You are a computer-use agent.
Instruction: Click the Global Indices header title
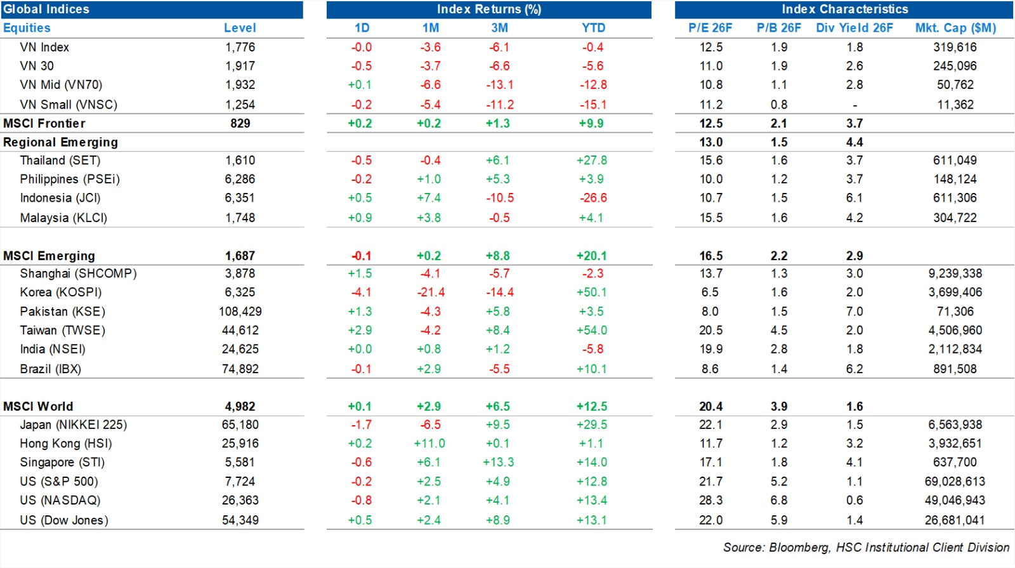46,9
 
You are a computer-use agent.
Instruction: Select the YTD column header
593,28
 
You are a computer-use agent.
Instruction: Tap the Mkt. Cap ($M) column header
955,28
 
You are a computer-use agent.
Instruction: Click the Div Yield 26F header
854,28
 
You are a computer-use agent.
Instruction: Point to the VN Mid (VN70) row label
61,85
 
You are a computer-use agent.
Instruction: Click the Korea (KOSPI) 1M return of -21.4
431,293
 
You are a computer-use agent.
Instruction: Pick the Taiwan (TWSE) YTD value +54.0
592,331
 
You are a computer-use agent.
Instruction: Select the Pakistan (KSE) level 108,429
240,312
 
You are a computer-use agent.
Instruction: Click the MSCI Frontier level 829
240,123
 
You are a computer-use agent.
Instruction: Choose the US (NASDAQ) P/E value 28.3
710,501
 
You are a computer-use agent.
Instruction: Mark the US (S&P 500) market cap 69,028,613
955,482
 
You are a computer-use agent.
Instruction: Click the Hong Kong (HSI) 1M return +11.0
429,444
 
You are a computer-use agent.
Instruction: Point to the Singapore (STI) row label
62,463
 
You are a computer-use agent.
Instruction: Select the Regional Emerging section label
61,142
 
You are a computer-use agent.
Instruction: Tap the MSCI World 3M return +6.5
497,407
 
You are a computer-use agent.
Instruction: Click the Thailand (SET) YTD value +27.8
592,161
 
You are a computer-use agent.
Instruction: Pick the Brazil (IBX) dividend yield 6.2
854,369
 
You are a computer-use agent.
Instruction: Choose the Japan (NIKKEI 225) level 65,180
240,425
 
